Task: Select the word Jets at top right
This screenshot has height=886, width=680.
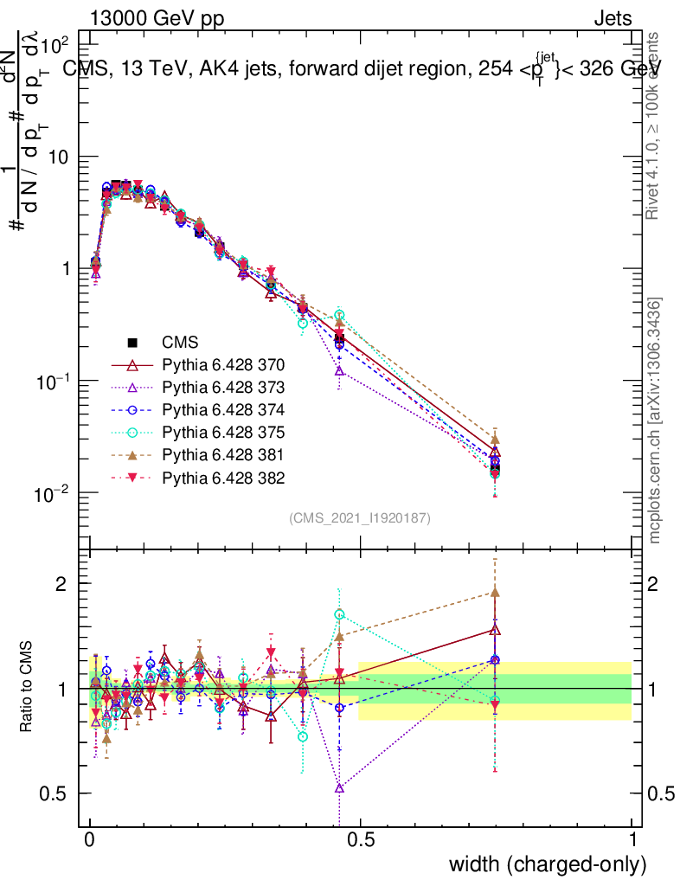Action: point(613,19)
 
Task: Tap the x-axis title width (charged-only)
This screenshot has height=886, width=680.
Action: point(548,864)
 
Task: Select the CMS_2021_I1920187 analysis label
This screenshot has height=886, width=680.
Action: point(360,518)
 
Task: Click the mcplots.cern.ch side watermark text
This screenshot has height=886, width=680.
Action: point(655,421)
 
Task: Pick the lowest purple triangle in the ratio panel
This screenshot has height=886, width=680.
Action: point(340,787)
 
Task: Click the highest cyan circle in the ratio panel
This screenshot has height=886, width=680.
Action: point(340,614)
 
